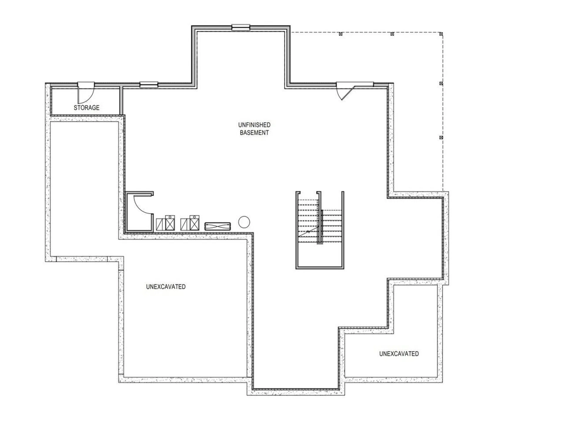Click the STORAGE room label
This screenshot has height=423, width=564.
coord(86,108)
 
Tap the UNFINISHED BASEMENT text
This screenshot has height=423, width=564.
coord(254,129)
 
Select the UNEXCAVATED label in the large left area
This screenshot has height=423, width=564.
coord(166,287)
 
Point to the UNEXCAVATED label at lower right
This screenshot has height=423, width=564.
coord(399,354)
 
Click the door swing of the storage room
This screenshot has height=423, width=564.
coord(86,93)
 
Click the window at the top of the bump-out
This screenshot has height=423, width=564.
coord(241,27)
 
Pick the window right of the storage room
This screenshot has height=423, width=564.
coord(149,85)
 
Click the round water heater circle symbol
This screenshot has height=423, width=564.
coord(244,222)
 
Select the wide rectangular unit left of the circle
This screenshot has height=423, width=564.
coord(217,226)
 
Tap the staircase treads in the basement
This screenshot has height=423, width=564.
coord(308,220)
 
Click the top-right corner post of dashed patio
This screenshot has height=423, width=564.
coord(441,34)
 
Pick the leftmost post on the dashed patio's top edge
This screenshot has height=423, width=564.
coord(341,34)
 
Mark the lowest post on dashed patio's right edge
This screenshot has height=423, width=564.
coord(441,137)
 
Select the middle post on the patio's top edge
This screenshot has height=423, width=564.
coord(392,34)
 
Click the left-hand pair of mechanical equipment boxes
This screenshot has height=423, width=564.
coord(165,223)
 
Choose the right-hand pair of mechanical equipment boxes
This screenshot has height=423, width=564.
coord(190,223)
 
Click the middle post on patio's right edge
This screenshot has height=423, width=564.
coord(441,83)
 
